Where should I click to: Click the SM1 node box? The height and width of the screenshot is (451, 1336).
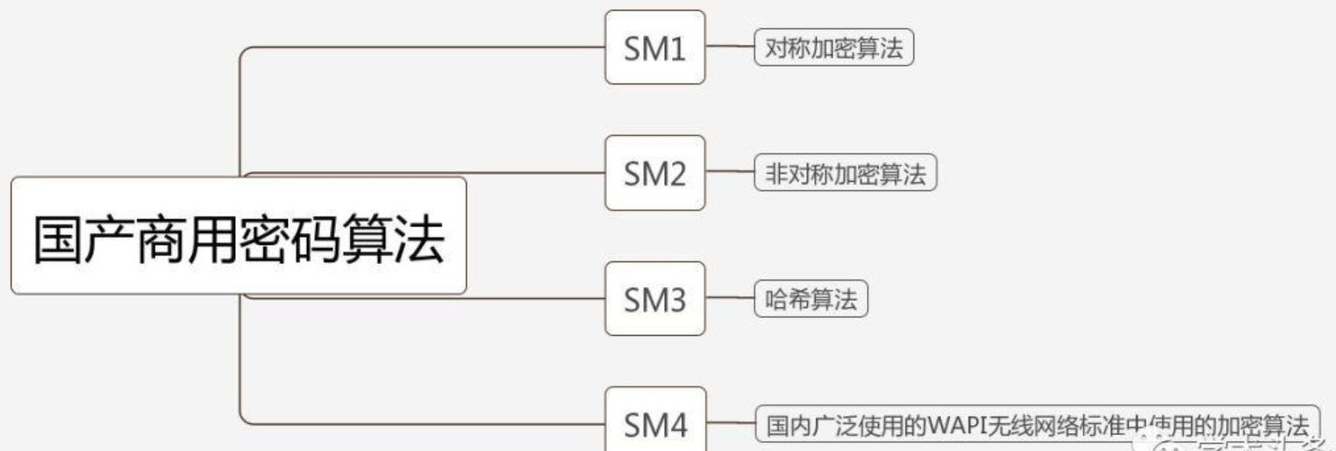point(654,47)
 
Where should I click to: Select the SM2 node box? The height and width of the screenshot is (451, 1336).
point(654,173)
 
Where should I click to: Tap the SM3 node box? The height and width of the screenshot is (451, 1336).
point(654,299)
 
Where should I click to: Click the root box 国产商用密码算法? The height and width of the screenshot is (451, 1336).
point(238,236)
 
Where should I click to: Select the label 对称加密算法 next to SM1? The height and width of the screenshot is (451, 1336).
point(833,48)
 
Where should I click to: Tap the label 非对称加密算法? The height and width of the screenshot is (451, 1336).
point(846,174)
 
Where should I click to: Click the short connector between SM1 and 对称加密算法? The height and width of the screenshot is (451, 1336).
point(729,48)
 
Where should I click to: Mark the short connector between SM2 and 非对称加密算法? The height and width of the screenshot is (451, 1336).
point(729,174)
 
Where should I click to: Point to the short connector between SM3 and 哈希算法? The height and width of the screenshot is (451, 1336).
point(729,300)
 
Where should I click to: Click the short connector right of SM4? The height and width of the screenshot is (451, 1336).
point(729,426)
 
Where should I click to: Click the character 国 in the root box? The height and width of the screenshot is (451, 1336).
point(58,239)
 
